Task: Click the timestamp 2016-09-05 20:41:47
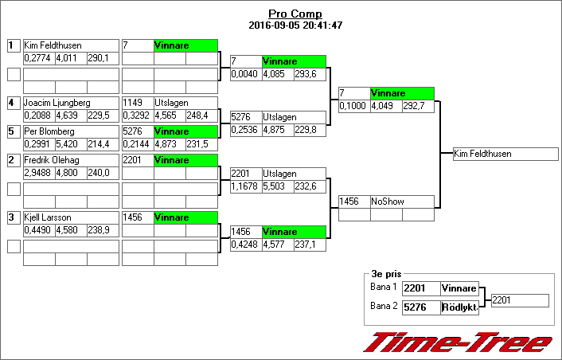tap(295, 25)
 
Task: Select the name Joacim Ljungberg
tap(57, 103)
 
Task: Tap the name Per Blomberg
tap(49, 131)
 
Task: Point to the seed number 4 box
tap(12, 103)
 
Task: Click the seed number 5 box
tap(12, 131)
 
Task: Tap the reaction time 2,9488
tap(38, 171)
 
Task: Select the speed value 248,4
tap(201, 115)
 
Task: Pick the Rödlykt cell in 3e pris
tap(459, 307)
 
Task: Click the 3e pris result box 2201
tap(519, 300)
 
